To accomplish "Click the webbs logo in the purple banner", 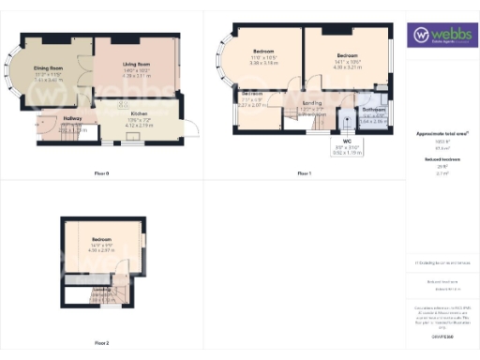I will tap(442, 36).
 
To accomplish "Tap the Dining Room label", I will tap(48, 68).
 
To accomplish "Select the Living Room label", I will tap(137, 65).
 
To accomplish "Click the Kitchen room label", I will tap(139, 114).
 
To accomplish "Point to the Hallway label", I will tap(72, 118).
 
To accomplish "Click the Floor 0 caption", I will tap(102, 173).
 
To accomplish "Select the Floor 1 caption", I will tap(304, 173).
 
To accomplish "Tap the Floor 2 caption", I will tap(102, 343).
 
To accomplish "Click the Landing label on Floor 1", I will tap(312, 104).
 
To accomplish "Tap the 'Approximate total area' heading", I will tap(442, 134).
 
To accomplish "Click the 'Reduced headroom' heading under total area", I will tap(442, 160).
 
